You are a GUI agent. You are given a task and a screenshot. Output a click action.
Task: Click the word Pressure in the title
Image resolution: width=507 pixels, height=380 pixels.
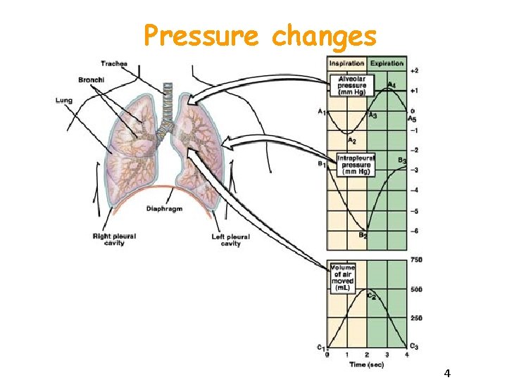tap(200, 36)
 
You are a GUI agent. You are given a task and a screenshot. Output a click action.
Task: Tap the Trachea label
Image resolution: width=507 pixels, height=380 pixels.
tap(113, 64)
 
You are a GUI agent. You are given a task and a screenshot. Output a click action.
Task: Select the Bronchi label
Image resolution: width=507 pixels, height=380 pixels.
tap(92, 80)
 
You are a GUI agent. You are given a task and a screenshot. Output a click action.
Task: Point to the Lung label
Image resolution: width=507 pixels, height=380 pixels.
tap(63, 101)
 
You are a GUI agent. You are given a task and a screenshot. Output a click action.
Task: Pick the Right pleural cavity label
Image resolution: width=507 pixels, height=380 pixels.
tap(114, 240)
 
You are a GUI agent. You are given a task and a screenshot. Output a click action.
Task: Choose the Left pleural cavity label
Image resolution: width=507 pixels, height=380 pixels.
tap(230, 240)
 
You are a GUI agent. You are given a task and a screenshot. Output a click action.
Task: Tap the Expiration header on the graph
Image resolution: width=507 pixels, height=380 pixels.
tap(387, 63)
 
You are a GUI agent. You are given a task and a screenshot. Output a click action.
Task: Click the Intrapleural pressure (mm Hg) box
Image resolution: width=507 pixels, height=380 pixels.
tap(357, 165)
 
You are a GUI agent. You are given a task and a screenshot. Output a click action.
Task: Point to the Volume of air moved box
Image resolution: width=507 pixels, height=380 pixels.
tap(343, 278)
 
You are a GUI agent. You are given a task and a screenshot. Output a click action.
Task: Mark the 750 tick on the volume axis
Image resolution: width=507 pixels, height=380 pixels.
tap(416, 260)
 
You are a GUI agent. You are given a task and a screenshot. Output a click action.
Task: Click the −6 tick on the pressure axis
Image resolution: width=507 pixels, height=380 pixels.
tap(415, 231)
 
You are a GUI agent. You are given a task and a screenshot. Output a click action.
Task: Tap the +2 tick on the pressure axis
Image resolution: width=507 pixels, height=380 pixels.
tap(415, 71)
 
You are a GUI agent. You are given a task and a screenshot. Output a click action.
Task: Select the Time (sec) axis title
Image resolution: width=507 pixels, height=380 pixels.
tap(366, 364)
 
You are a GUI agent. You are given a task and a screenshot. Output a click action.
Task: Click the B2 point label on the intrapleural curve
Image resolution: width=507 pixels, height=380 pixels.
tap(363, 236)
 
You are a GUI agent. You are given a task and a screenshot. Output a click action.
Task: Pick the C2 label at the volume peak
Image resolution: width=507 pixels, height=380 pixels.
tap(370, 295)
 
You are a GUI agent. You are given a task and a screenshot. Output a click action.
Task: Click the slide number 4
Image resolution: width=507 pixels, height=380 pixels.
tap(447, 372)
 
